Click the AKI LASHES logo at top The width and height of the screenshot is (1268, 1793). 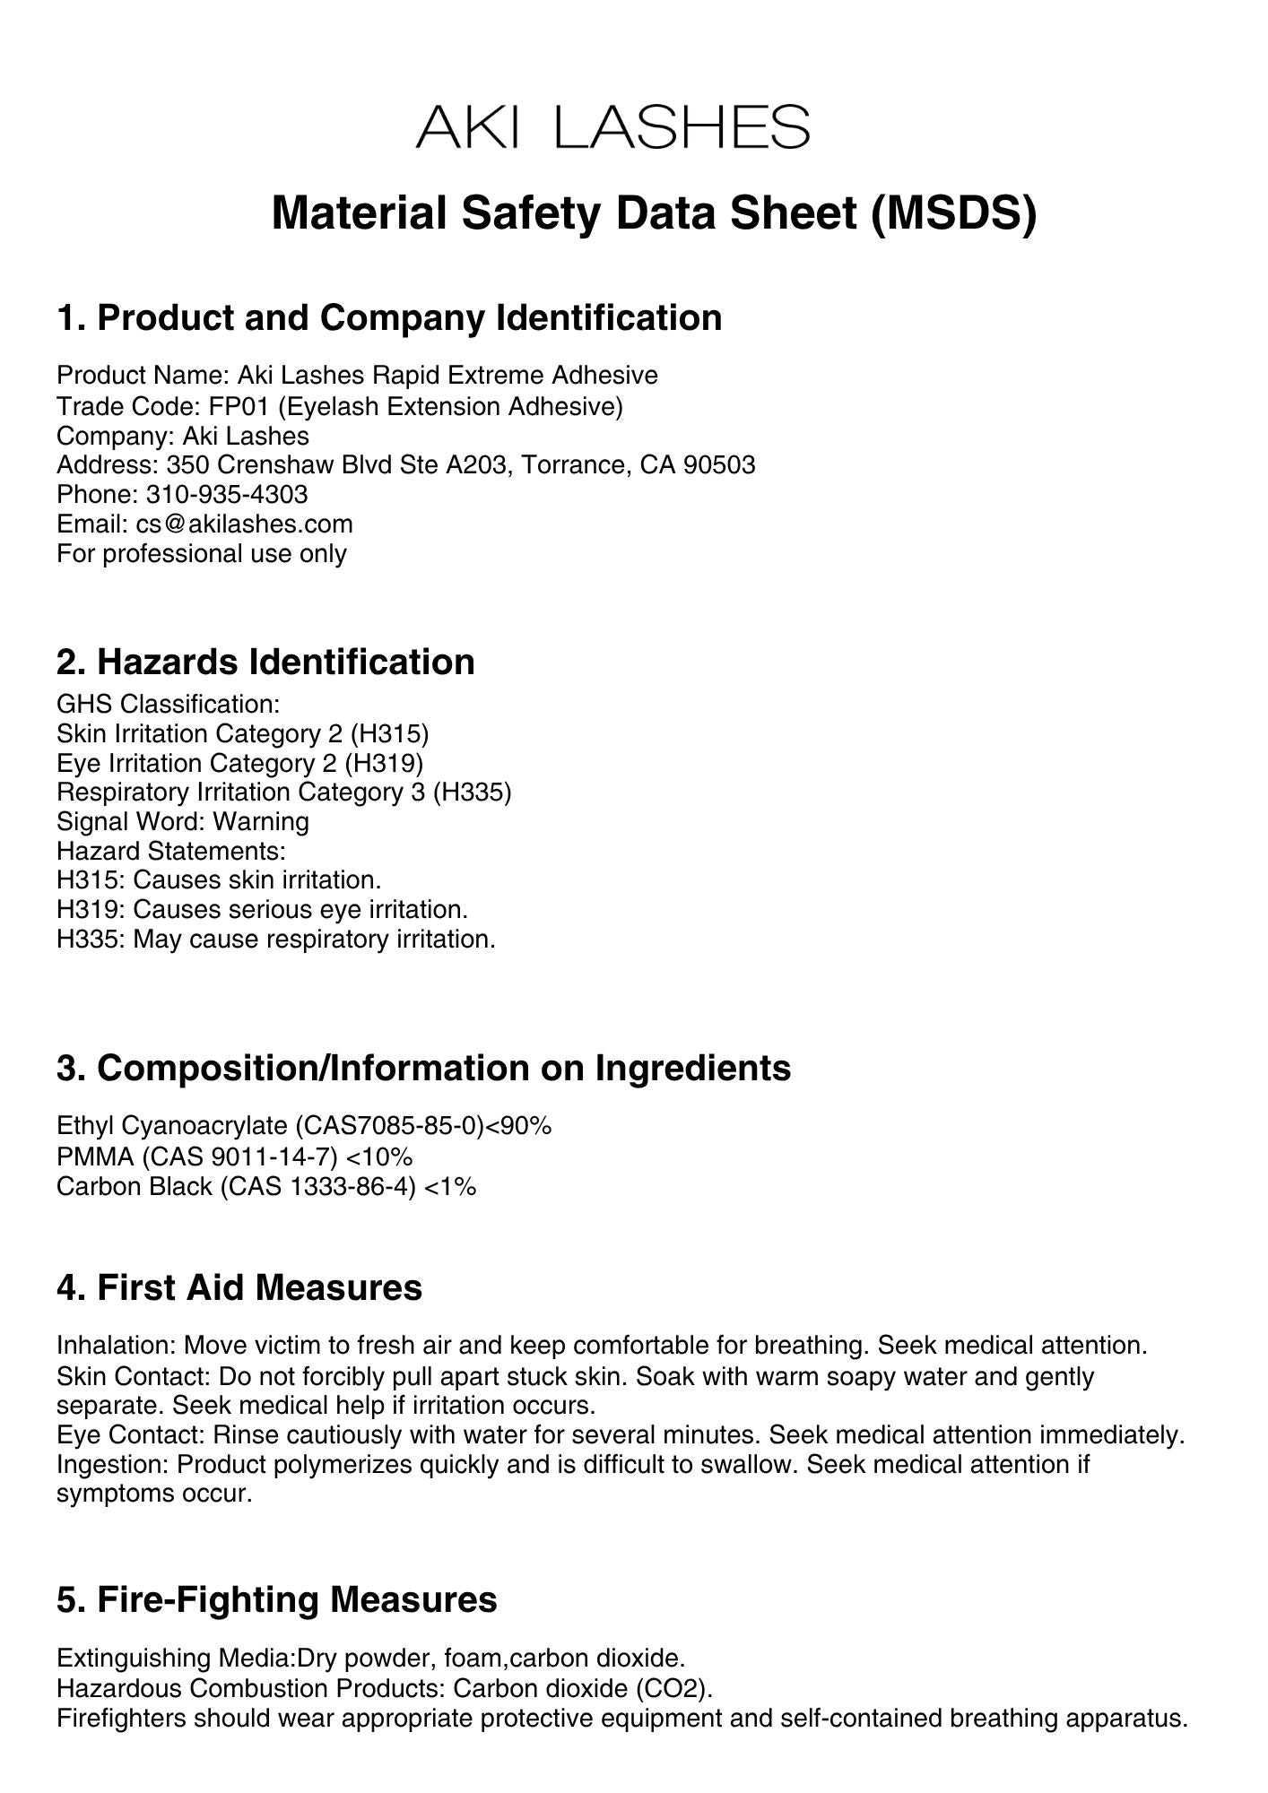[613, 127]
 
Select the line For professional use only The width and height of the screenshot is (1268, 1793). [202, 553]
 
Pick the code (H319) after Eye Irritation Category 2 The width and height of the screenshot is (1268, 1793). [387, 763]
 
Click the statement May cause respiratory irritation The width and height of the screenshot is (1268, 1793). [314, 940]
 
